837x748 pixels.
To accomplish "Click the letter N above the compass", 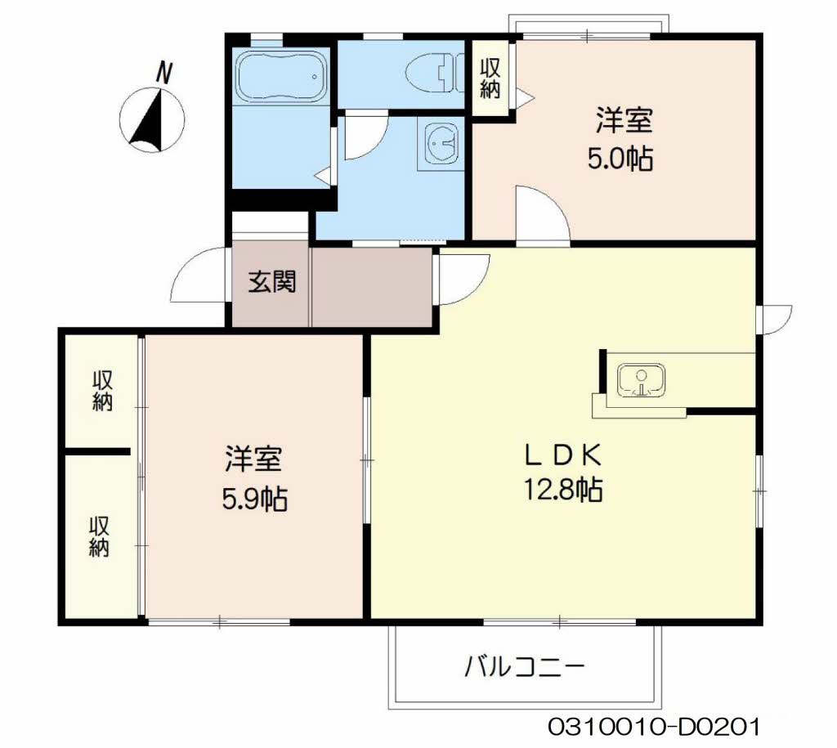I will point(164,74).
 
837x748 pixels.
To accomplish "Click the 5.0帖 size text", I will point(621,158).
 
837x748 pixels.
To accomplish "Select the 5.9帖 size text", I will point(254,497).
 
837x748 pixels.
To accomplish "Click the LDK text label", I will point(563,451).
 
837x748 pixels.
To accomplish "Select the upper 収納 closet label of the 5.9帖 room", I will point(101,391).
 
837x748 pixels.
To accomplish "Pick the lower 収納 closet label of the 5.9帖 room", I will point(100,537).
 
